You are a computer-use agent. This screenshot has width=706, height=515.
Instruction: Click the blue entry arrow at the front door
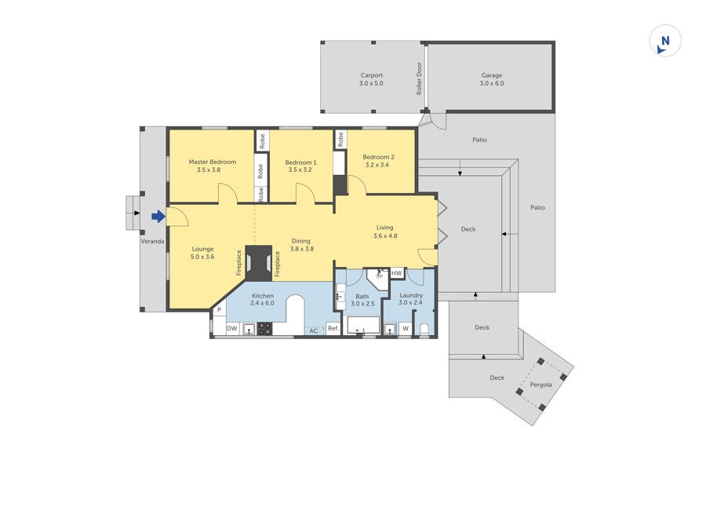[x=158, y=217]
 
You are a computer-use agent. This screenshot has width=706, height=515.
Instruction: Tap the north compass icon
[x=665, y=41]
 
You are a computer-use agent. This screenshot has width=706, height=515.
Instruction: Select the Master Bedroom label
[x=212, y=162]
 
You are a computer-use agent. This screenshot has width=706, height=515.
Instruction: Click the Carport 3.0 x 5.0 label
[x=372, y=79]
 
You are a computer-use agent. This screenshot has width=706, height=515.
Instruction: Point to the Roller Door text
[x=419, y=79]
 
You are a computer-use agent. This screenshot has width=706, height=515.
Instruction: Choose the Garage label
[x=491, y=75]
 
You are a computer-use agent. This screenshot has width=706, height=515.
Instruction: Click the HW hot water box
[x=396, y=273]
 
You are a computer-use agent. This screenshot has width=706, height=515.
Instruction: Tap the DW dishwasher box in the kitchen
[x=232, y=328]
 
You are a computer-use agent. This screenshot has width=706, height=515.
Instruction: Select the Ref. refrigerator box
[x=333, y=328]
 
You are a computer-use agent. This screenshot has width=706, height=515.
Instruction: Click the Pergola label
[x=540, y=385]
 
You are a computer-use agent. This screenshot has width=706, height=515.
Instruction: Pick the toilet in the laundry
[x=424, y=329]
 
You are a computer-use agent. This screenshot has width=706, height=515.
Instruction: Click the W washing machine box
[x=406, y=328]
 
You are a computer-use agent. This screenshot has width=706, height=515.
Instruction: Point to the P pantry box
[x=220, y=310]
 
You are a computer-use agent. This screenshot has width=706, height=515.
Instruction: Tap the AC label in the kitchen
[x=313, y=331]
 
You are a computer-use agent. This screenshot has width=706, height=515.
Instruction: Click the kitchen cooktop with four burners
[x=265, y=328]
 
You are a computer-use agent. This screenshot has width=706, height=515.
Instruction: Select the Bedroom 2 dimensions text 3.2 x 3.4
[x=377, y=165]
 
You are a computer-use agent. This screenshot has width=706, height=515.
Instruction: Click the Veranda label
[x=152, y=241]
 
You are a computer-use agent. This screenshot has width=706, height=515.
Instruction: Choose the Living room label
[x=385, y=228]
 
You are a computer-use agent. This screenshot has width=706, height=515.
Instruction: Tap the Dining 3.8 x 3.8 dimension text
[x=302, y=249]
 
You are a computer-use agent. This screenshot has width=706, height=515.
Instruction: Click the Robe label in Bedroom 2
[x=340, y=139]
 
